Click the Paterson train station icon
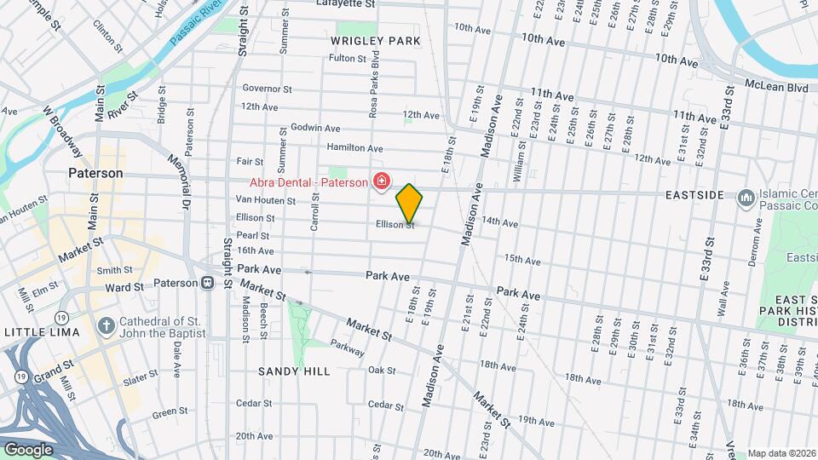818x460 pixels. coord(207,283)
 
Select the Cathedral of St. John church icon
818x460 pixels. coord(105,326)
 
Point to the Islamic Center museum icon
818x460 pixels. coord(746,197)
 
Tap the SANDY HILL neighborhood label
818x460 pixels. coord(294,371)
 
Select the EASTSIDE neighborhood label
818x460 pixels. coord(694,195)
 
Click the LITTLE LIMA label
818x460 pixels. coord(41,331)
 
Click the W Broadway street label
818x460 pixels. coord(63,133)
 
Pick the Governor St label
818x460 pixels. coord(266,89)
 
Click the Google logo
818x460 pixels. coord(28,450)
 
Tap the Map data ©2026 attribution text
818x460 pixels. coord(781,453)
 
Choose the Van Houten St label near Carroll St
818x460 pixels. coord(265,201)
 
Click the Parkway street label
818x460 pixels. coord(348,349)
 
